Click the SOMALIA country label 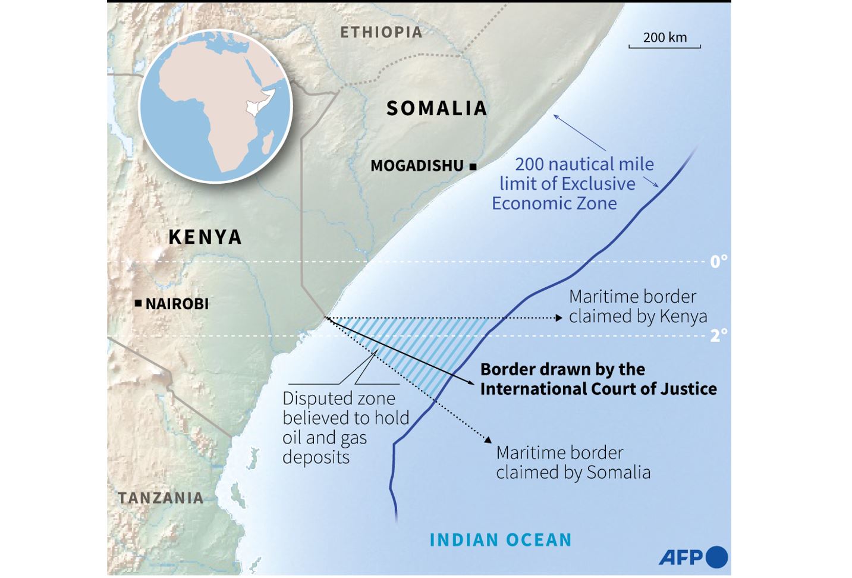pyautogui.click(x=437, y=108)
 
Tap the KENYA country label pyautogui.click(x=205, y=237)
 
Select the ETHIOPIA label pyautogui.click(x=381, y=32)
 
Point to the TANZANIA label pyautogui.click(x=161, y=498)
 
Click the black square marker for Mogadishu pyautogui.click(x=473, y=167)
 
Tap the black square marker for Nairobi pyautogui.click(x=138, y=304)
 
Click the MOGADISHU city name pyautogui.click(x=417, y=166)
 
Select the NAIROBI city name pyautogui.click(x=177, y=304)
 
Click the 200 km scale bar pyautogui.click(x=665, y=45)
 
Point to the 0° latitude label pyautogui.click(x=718, y=262)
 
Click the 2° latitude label pyautogui.click(x=718, y=335)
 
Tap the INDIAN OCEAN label pyautogui.click(x=501, y=540)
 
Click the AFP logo pyautogui.click(x=693, y=557)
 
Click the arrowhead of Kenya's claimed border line pyautogui.click(x=558, y=318)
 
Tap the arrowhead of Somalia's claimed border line pyautogui.click(x=488, y=440)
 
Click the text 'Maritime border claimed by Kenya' pyautogui.click(x=638, y=306)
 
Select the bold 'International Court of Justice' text pyautogui.click(x=598, y=389)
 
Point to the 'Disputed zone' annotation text pyautogui.click(x=339, y=398)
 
